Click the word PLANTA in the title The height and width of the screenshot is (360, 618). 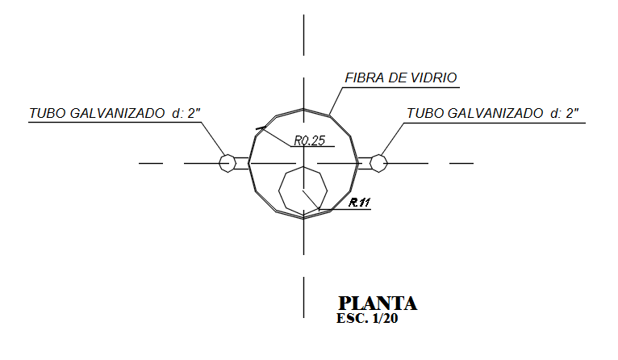(378, 303)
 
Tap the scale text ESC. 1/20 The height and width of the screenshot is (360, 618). (367, 319)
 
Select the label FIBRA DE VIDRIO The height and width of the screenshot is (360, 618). (401, 78)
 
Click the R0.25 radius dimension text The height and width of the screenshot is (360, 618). (309, 140)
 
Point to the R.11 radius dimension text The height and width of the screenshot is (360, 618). (360, 203)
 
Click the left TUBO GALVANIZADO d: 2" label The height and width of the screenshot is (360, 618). (114, 114)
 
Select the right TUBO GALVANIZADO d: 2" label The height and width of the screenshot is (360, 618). (493, 114)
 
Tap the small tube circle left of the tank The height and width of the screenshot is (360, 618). (228, 163)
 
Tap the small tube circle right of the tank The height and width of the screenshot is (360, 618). (379, 163)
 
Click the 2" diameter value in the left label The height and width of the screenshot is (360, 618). (194, 114)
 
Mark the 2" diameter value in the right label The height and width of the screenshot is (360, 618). (573, 114)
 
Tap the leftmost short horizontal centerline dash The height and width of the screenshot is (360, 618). (151, 163)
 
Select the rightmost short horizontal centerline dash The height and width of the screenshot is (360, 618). (461, 163)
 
